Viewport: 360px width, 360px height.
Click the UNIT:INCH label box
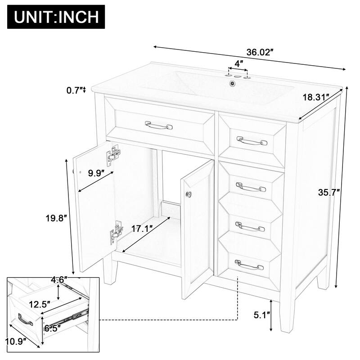coord(56,17)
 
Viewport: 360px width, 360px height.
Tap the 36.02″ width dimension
coord(261,53)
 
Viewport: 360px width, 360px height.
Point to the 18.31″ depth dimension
coord(315,97)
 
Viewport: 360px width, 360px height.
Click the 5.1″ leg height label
coord(261,315)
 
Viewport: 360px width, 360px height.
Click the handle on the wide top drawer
coord(158,125)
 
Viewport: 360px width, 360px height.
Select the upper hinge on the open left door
coord(114,154)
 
